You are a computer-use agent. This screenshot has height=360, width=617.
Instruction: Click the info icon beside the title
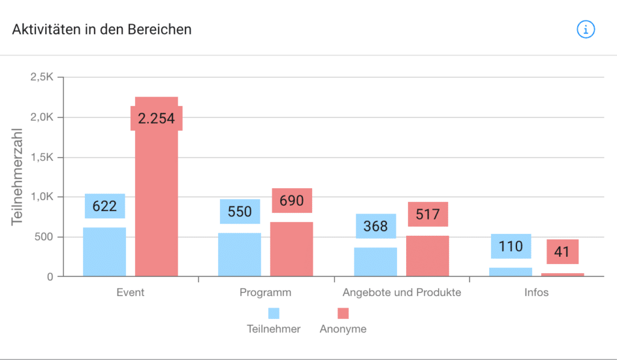pos(586,29)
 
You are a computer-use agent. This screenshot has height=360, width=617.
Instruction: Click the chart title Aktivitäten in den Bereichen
pos(102,29)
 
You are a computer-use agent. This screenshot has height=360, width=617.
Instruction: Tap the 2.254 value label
pos(156,118)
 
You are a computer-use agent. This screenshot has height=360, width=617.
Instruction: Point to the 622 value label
pos(104,206)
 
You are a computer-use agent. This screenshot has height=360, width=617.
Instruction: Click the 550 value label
pos(240,212)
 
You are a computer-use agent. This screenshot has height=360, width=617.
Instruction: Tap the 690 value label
pos(292,201)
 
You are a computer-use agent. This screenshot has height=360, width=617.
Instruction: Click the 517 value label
pos(428,214)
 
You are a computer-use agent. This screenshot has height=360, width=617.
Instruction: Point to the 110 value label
pos(510,246)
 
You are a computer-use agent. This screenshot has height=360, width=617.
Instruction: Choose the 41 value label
pos(562,251)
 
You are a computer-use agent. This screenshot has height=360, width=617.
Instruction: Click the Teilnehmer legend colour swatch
pos(274,313)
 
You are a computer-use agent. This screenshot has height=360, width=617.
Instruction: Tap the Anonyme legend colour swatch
pos(343,313)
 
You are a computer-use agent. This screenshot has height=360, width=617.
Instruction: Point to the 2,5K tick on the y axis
pos(42,77)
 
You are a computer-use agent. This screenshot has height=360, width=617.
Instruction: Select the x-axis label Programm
pos(265,293)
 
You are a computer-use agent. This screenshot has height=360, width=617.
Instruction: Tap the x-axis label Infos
pos(536,293)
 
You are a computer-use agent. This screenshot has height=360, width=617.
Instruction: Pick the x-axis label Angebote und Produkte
pos(401,293)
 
